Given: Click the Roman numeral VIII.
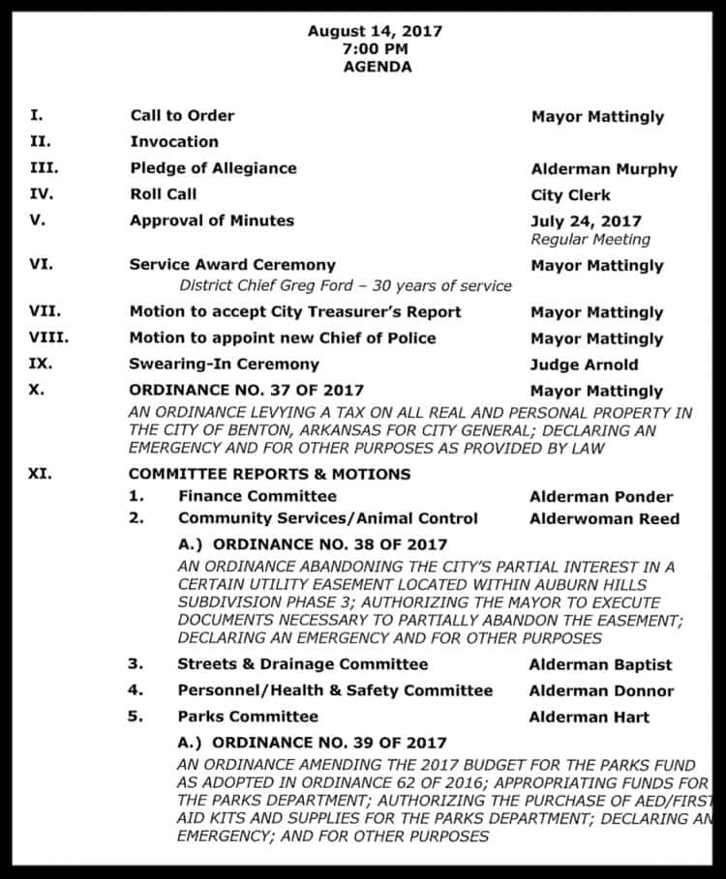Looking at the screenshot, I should (49, 338).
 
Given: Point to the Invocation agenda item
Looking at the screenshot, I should (174, 141).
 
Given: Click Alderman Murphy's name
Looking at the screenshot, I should (604, 169).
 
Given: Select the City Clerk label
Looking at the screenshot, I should (570, 195).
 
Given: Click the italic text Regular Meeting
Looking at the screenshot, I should (590, 239).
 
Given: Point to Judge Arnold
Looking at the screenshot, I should (583, 366).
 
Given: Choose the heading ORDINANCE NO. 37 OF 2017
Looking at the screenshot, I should (247, 391).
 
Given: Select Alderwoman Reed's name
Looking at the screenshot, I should (604, 518).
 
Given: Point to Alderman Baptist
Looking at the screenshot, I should (599, 665).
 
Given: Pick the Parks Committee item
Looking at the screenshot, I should (247, 717).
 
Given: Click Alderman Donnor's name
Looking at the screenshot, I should (601, 691).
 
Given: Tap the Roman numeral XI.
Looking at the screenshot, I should (41, 475).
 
